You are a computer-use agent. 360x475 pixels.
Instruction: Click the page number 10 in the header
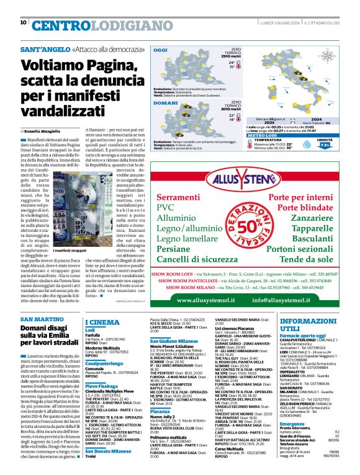(x=23, y=22)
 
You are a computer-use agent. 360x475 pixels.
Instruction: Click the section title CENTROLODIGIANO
(x=85, y=25)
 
